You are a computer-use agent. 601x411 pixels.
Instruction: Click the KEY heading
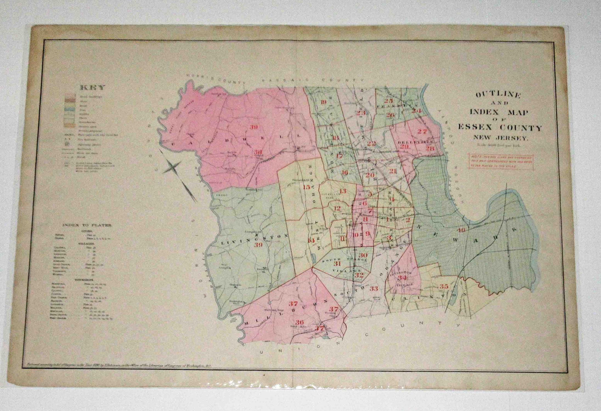[92, 88]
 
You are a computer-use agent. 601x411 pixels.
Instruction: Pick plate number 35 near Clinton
[444, 287]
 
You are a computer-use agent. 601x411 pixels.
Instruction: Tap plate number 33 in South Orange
[374, 288]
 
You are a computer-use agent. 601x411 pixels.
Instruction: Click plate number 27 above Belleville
[422, 131]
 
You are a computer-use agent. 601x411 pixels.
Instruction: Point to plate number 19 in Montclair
[324, 102]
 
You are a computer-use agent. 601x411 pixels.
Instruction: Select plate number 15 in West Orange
[307, 187]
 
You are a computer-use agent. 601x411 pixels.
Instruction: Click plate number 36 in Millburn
[299, 322]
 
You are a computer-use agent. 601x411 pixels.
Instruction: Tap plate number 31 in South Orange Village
[337, 264]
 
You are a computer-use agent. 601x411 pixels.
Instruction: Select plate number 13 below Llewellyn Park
[343, 191]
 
